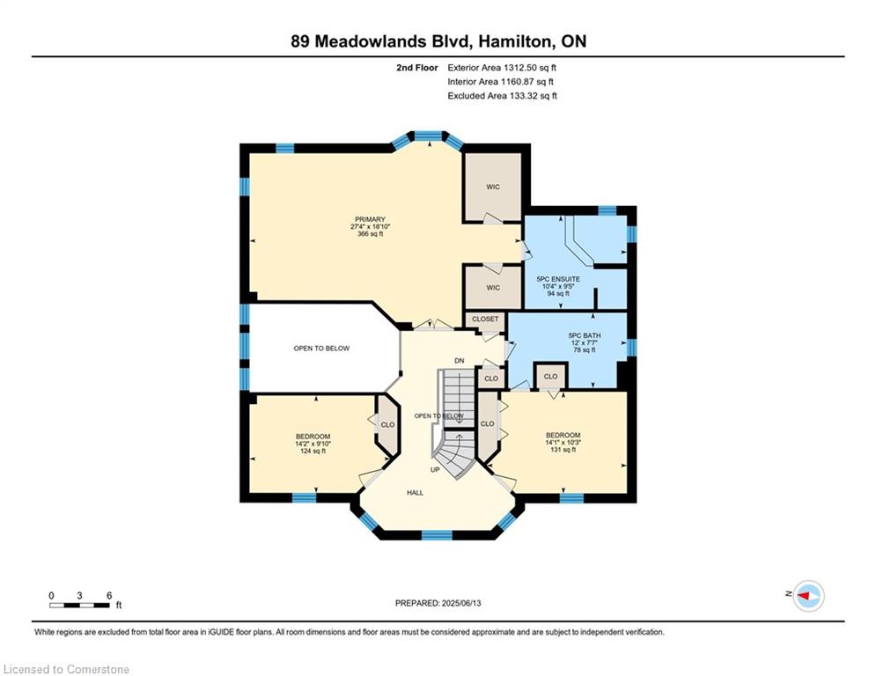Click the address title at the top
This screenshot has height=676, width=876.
[x=438, y=41]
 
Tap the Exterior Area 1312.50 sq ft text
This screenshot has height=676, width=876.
[x=502, y=68]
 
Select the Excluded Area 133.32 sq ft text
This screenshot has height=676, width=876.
[x=502, y=96]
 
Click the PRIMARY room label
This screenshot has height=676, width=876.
[x=370, y=219]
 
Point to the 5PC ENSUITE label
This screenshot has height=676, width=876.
[x=558, y=279]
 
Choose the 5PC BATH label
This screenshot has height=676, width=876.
[x=585, y=335]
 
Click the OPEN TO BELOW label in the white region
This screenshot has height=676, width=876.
[x=321, y=348]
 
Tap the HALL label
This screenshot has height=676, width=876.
[x=415, y=493]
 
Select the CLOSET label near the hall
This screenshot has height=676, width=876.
[x=485, y=319]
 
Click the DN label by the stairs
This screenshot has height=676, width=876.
[x=460, y=361]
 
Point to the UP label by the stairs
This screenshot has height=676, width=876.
[x=435, y=470]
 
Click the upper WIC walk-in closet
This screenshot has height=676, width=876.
[x=493, y=187]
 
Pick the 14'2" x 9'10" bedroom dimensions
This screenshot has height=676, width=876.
[x=313, y=444]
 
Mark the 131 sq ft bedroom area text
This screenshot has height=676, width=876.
[x=563, y=450]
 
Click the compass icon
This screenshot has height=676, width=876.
[x=808, y=596]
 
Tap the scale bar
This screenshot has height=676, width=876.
[x=80, y=605]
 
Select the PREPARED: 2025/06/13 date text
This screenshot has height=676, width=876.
[x=438, y=603]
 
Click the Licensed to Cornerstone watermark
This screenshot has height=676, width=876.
[x=66, y=669]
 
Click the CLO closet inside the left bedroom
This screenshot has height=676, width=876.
[x=387, y=424]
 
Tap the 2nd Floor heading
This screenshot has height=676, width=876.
[x=417, y=68]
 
